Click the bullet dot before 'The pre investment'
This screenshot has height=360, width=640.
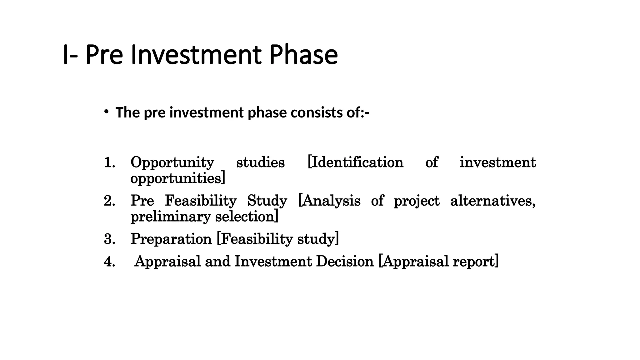pos(107,112)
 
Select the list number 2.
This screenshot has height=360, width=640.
pos(109,201)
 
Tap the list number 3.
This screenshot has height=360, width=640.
pos(109,239)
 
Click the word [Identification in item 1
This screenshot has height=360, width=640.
pos(355,162)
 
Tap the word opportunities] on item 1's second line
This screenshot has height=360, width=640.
pos(177,179)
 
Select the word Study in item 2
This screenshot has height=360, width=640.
pos(267,201)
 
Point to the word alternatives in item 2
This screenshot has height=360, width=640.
pos(492,201)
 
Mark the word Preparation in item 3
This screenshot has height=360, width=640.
pos(171,239)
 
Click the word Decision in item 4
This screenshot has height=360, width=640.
pos(345,262)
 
